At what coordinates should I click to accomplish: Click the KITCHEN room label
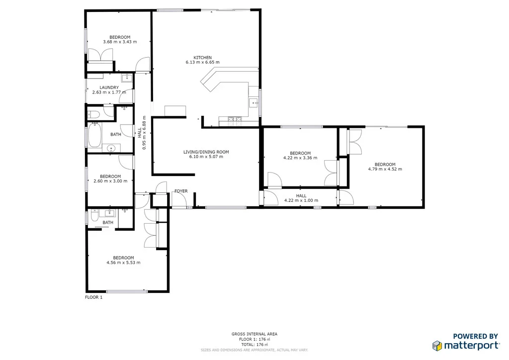[202, 57]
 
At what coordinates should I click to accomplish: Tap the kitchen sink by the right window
[254, 103]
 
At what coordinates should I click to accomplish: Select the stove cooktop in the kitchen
[235, 119]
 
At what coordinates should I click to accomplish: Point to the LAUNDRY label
[109, 88]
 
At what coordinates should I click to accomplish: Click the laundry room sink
[127, 77]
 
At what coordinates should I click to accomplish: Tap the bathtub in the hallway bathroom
[94, 136]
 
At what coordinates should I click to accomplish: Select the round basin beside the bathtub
[111, 147]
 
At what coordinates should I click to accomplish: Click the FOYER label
[180, 191]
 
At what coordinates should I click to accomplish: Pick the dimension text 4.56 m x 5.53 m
[123, 263]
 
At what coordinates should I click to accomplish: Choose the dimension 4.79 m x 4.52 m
[385, 169]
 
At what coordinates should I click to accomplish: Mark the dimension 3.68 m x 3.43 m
[120, 42]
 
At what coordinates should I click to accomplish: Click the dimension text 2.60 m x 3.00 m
[110, 181]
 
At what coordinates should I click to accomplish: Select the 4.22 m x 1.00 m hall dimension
[301, 200]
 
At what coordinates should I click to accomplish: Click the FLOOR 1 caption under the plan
[93, 297]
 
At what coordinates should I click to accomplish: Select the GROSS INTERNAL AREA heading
[254, 334]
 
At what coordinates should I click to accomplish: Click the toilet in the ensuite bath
[94, 217]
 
